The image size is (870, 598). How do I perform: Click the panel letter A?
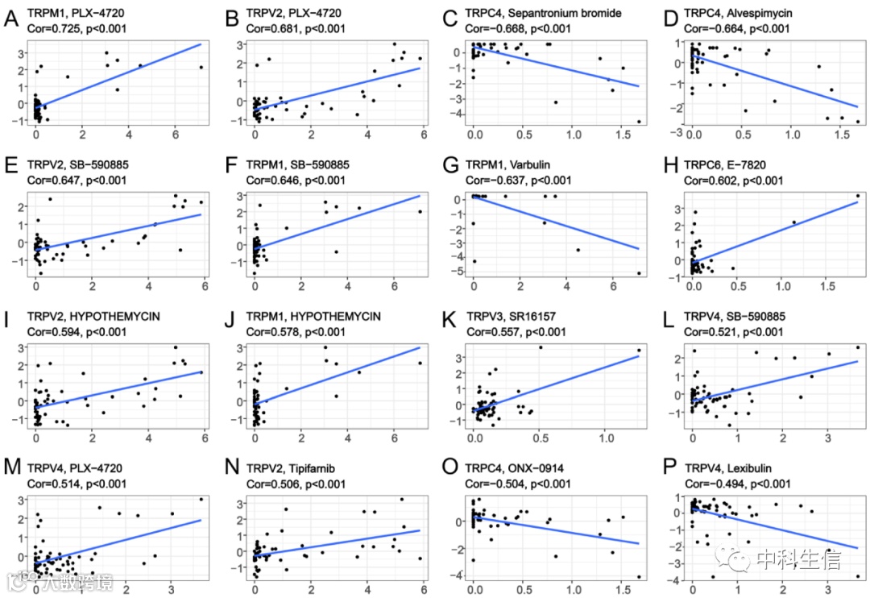(x=12, y=18)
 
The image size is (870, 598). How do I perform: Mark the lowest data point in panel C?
(x=639, y=122)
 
